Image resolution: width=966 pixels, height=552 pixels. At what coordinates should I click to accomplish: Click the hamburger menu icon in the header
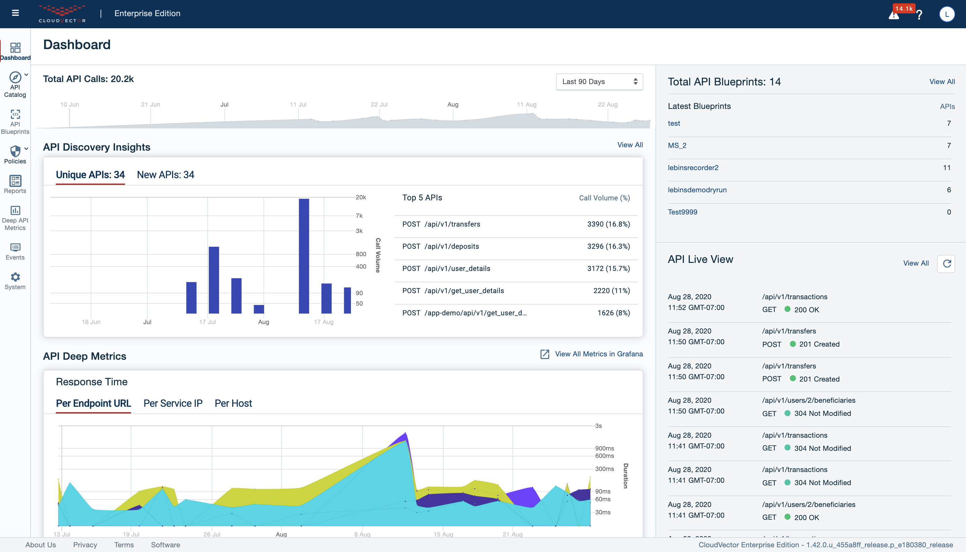coord(15,13)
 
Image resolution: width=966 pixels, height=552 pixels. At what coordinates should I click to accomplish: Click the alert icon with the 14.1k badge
coord(894,15)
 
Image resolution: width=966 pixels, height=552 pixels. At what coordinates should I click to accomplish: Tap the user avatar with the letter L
coord(946,14)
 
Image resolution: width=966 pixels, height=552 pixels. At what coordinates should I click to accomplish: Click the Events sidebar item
coord(15,252)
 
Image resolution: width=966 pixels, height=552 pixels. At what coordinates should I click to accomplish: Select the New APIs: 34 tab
coord(165,175)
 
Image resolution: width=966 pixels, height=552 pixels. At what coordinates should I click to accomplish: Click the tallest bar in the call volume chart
coord(304,256)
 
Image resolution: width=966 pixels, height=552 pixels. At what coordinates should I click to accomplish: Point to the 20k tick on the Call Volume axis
coord(360,197)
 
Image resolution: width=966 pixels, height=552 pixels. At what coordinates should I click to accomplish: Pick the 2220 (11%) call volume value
coord(611,291)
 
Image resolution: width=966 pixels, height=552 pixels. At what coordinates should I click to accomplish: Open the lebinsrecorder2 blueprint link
coord(693,167)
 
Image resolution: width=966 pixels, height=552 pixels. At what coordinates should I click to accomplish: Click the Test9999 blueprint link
coord(682,212)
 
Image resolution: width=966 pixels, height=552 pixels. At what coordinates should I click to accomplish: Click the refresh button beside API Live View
coord(946,264)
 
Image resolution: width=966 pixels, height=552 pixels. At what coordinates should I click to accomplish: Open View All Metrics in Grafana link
coord(598,354)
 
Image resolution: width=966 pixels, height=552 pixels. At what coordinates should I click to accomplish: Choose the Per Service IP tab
coord(173,403)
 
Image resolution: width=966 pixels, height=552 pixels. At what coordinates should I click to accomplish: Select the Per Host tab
coord(233,403)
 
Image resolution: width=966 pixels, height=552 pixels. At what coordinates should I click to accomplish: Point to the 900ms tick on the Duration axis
coord(604,448)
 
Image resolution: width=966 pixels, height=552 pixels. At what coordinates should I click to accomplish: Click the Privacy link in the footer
coord(85,545)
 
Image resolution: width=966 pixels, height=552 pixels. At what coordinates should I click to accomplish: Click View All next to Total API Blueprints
coord(942,81)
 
